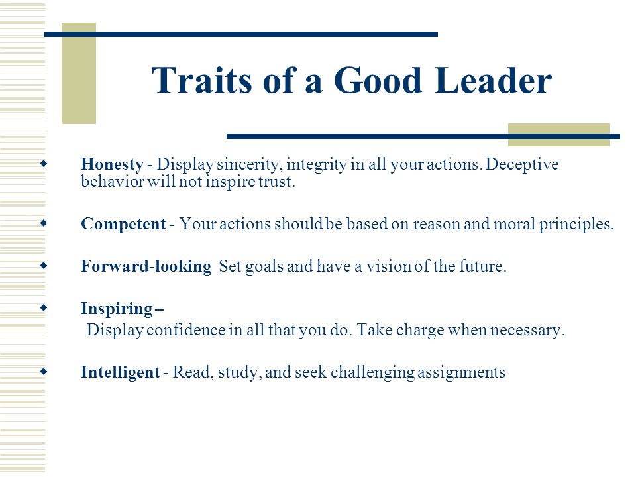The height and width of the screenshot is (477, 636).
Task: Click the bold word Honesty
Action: click(x=112, y=164)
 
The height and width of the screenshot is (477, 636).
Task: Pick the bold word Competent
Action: click(x=123, y=224)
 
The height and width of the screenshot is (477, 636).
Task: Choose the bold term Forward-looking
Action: click(x=146, y=267)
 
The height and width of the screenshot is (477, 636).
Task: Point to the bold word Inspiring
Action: click(x=117, y=309)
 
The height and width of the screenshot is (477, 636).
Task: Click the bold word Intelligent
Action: click(x=120, y=372)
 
